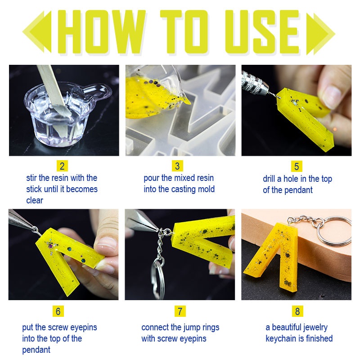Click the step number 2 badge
coord(63,166)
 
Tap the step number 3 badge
coord(180,166)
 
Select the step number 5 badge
coord(296,166)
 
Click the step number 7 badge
coord(180,311)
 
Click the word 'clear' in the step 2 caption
coord(35,200)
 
